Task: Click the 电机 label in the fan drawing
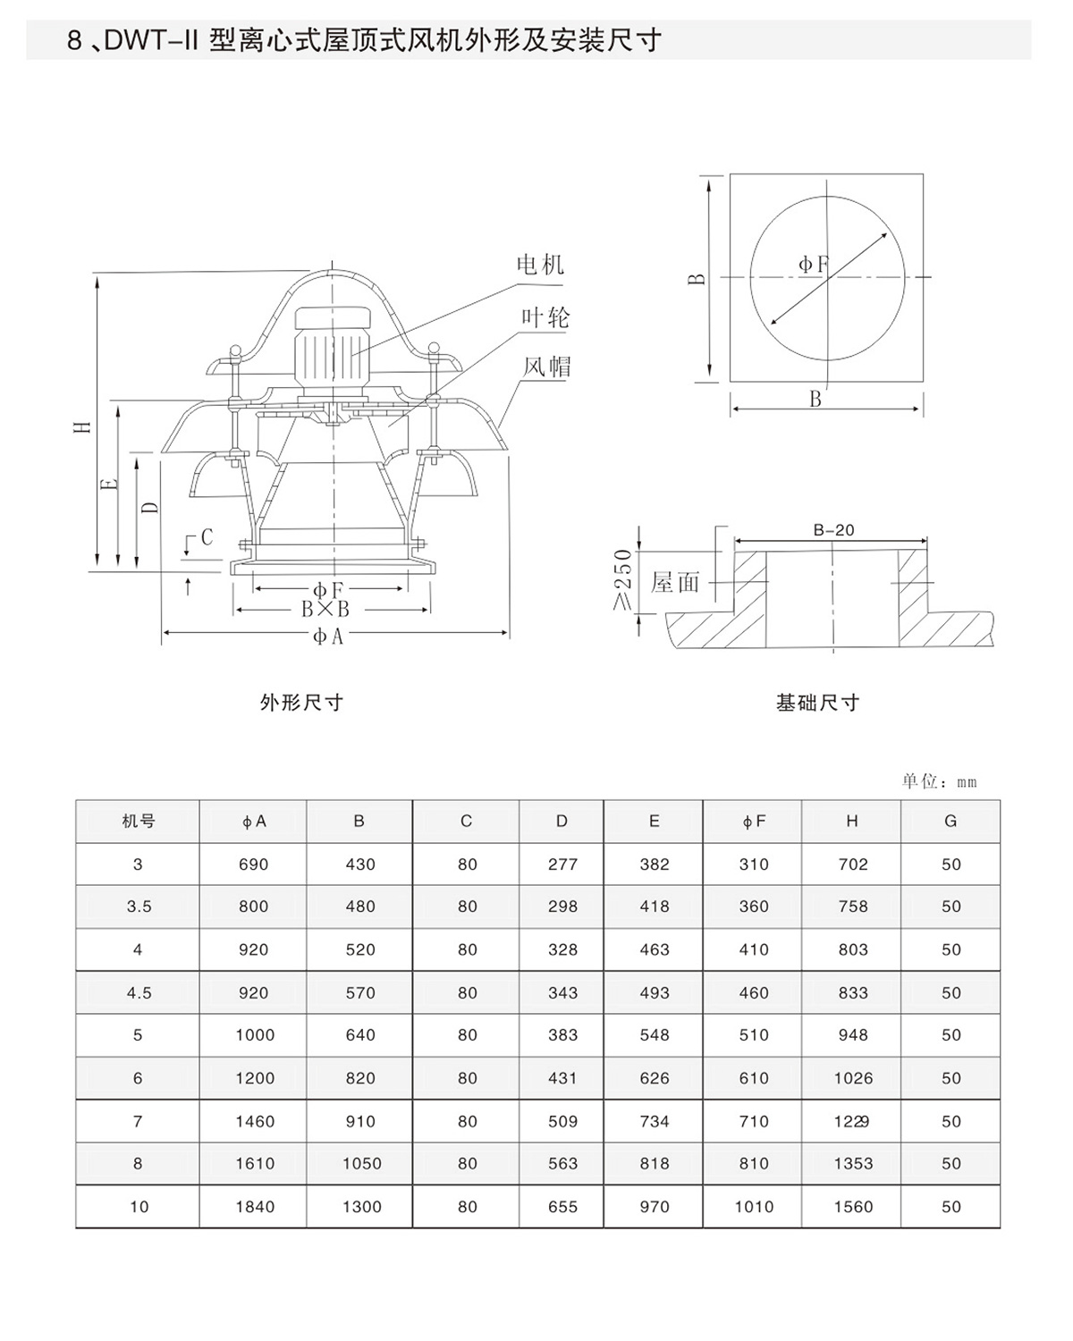pyautogui.click(x=541, y=264)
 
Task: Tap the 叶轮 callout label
pyautogui.click(x=545, y=317)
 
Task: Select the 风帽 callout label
pyautogui.click(x=546, y=367)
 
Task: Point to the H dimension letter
pyautogui.click(x=83, y=426)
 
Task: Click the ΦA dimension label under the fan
pyautogui.click(x=328, y=636)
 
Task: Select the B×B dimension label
pyautogui.click(x=325, y=610)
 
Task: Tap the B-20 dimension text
pyautogui.click(x=833, y=530)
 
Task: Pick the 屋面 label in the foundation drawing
pyautogui.click(x=675, y=583)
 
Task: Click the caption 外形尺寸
pyautogui.click(x=301, y=703)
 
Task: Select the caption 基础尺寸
pyautogui.click(x=817, y=704)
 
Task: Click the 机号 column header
pyautogui.click(x=138, y=821)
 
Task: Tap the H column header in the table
pyautogui.click(x=852, y=821)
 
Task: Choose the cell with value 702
pyautogui.click(x=853, y=864)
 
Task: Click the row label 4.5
pyautogui.click(x=139, y=992)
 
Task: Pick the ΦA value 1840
pyautogui.click(x=254, y=1207)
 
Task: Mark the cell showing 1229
pyautogui.click(x=852, y=1121)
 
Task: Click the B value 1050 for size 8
pyautogui.click(x=361, y=1164)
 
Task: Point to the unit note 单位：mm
pyautogui.click(x=939, y=781)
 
